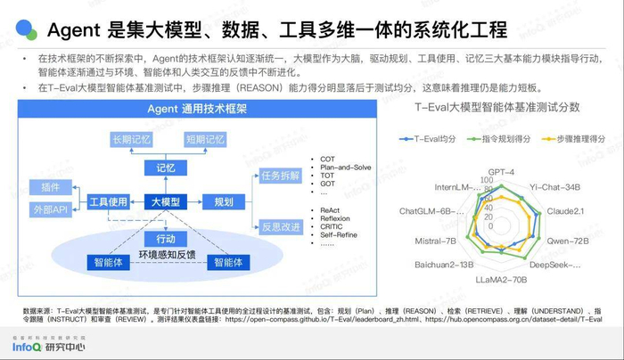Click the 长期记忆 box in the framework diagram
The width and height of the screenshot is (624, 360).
click(x=132, y=140)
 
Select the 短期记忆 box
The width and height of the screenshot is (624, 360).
click(x=206, y=140)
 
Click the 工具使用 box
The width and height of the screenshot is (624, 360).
click(x=109, y=202)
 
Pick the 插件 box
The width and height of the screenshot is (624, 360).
click(x=45, y=187)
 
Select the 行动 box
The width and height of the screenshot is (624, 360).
click(x=166, y=239)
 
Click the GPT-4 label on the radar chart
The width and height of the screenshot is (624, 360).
click(x=502, y=172)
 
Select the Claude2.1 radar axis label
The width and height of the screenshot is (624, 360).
click(x=564, y=211)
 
